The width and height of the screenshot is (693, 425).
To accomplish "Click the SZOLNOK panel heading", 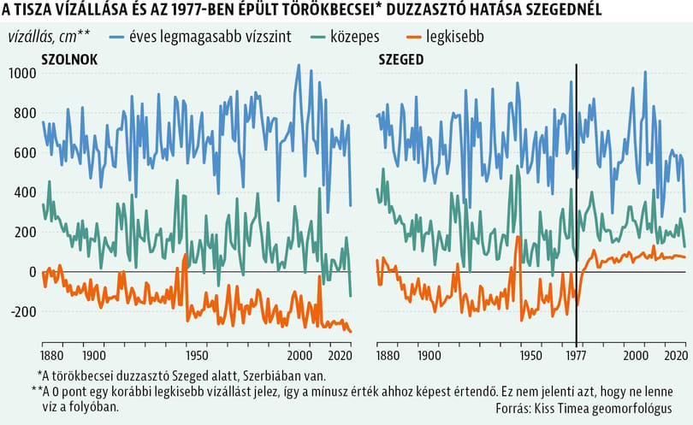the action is (x=69, y=60).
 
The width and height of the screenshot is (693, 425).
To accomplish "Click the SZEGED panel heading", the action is (x=401, y=60).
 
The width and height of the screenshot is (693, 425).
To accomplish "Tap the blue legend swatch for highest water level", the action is (x=116, y=37).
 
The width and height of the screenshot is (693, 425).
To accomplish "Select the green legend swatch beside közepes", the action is (x=318, y=37).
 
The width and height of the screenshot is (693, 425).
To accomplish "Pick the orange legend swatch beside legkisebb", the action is (x=413, y=37).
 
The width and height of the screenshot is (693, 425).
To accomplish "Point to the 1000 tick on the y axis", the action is (x=22, y=73).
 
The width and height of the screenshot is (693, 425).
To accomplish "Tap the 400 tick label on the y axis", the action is (x=25, y=192).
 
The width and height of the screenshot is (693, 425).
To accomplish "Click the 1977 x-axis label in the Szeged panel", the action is (x=576, y=356).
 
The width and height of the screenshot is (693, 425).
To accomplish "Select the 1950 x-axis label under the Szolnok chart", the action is (x=197, y=356).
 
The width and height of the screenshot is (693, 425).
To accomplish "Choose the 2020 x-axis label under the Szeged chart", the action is (x=677, y=356).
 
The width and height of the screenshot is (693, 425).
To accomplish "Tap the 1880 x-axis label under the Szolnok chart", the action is (x=52, y=356).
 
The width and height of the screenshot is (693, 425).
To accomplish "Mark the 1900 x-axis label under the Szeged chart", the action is (x=429, y=356).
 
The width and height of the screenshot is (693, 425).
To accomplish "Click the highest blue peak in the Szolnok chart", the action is (x=299, y=65).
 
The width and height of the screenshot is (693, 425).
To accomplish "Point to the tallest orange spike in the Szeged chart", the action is (x=518, y=238).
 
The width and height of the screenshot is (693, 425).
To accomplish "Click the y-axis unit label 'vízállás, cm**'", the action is (x=49, y=37).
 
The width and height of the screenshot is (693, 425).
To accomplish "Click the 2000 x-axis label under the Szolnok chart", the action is (x=299, y=356).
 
